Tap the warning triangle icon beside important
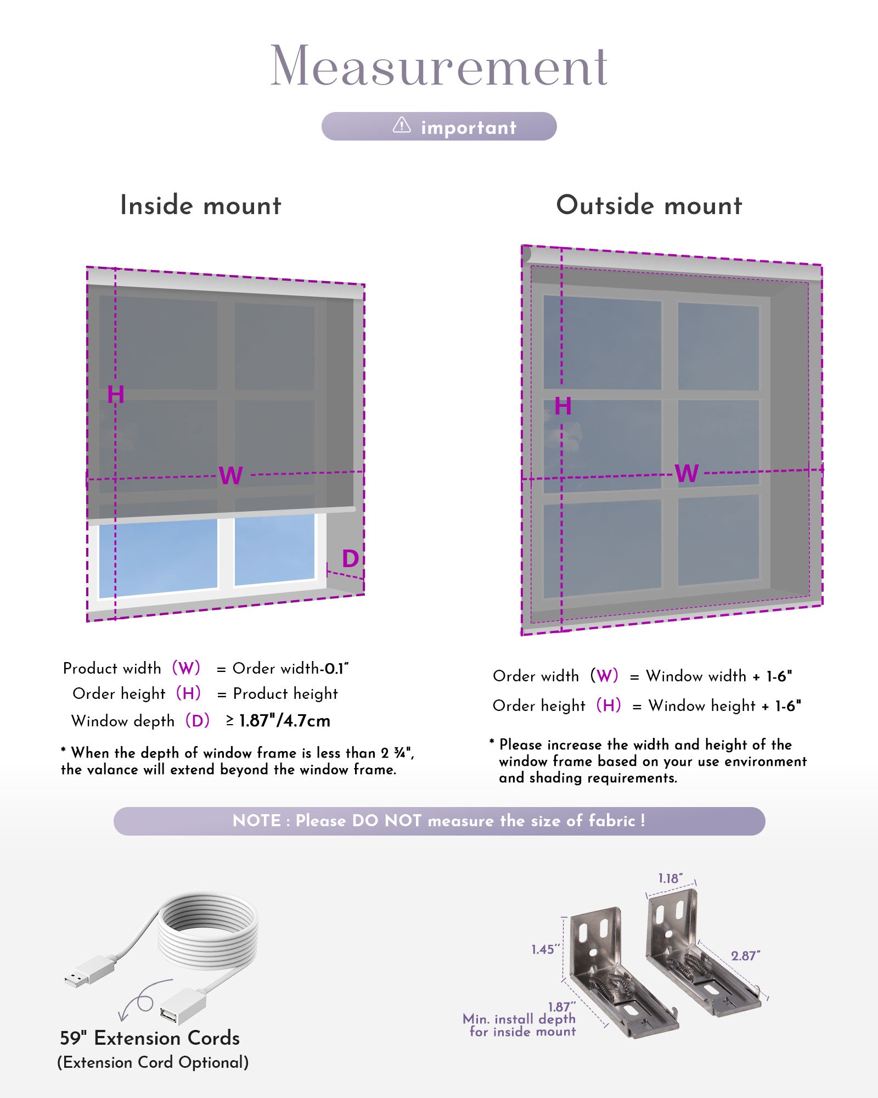[402, 126]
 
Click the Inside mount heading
[201, 205]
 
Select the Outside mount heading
[649, 205]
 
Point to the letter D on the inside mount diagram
[350, 559]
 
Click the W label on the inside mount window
[230, 475]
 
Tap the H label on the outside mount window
[563, 406]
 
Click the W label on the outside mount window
[687, 473]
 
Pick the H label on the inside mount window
[116, 394]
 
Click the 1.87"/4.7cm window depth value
[285, 721]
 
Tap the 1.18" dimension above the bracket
[670, 878]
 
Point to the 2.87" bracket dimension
[745, 956]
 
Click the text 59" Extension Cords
[150, 1038]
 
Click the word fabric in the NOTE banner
[611, 821]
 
